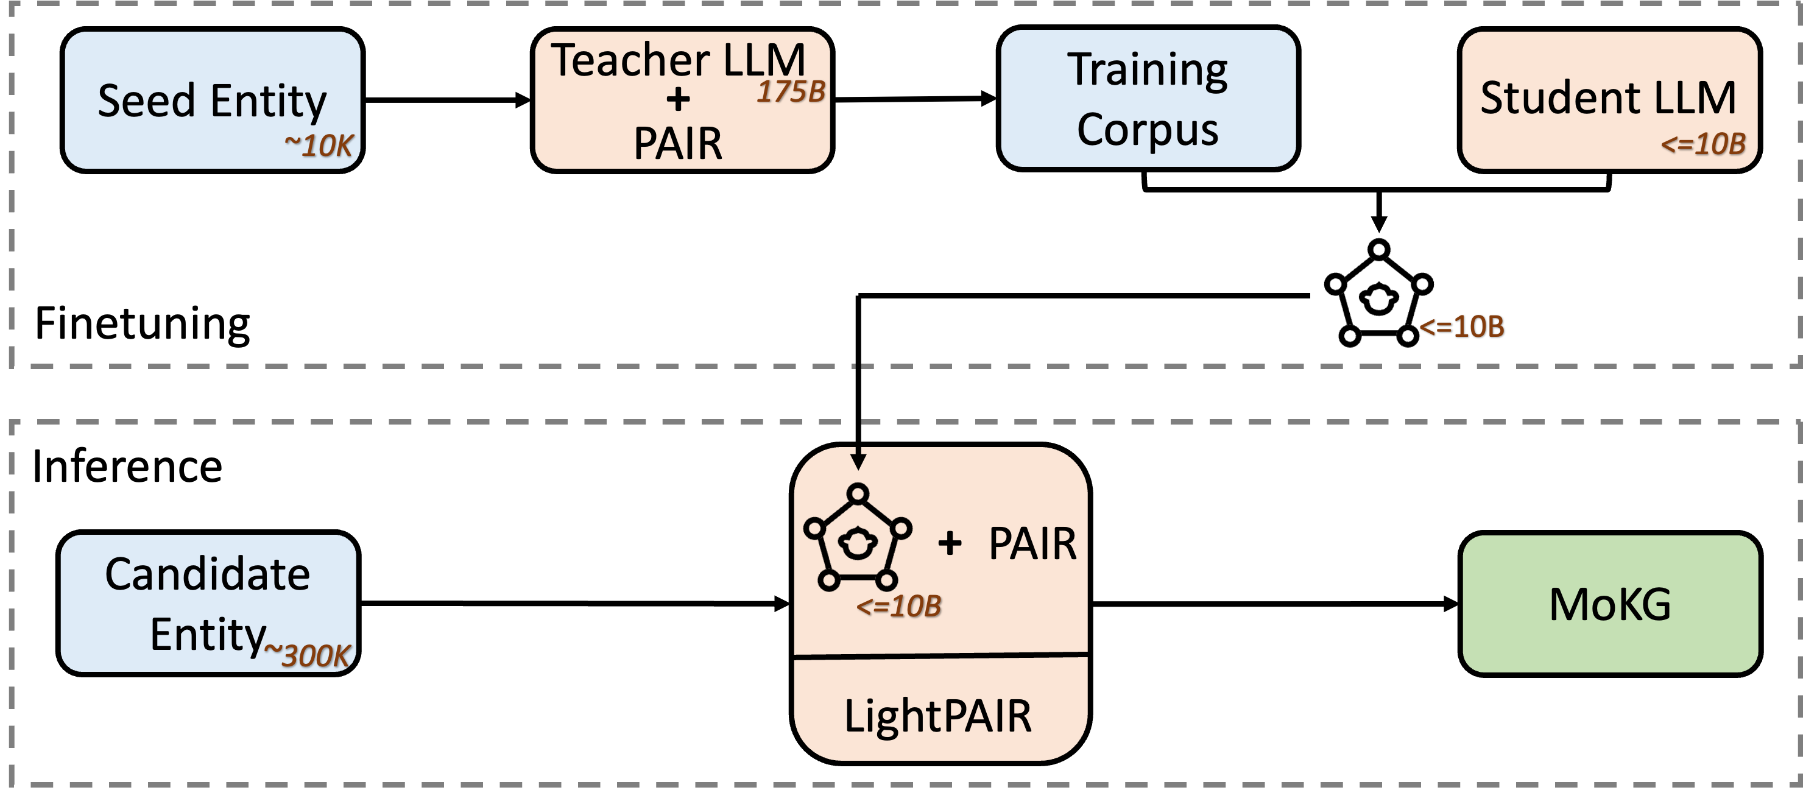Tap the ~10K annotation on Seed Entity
[x=319, y=146]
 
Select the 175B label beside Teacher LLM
[x=791, y=91]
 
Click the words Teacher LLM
[x=677, y=60]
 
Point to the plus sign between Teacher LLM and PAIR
[x=677, y=99]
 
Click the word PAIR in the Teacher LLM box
[x=677, y=144]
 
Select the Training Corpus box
[x=1148, y=98]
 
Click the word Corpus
[x=1148, y=130]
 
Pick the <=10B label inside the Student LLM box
[x=1703, y=144]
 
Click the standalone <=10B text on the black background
[x=1461, y=326]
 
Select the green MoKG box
[x=1610, y=603]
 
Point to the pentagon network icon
[x=858, y=537]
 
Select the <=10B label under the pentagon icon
[x=898, y=606]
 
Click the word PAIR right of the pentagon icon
[x=1032, y=544]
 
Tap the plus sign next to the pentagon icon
[x=950, y=543]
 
